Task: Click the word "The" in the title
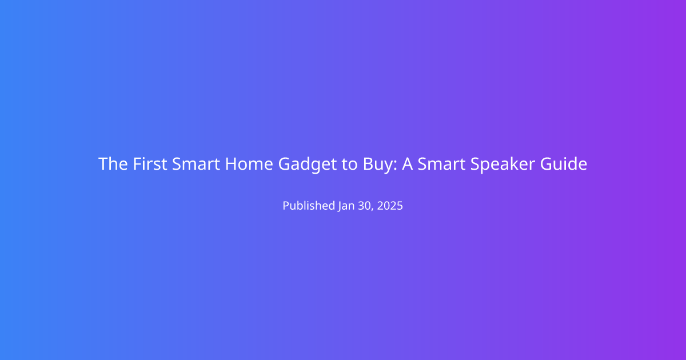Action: pyautogui.click(x=113, y=164)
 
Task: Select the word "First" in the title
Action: pyautogui.click(x=150, y=164)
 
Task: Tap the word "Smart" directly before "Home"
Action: pyautogui.click(x=196, y=164)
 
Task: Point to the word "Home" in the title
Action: pyautogui.click(x=249, y=164)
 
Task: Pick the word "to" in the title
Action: pyautogui.click(x=350, y=165)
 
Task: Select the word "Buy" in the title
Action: pyautogui.click(x=378, y=165)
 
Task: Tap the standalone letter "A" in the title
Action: pyautogui.click(x=407, y=164)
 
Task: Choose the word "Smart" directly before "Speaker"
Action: pyautogui.click(x=441, y=164)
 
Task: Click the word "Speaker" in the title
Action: pyautogui.click(x=502, y=165)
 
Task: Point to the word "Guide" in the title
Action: pyautogui.click(x=564, y=164)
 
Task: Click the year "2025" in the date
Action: pyautogui.click(x=390, y=206)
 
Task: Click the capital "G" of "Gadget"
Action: pyautogui.click(x=284, y=164)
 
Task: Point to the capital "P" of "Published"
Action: pyautogui.click(x=286, y=206)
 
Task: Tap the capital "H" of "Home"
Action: pyautogui.click(x=231, y=164)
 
